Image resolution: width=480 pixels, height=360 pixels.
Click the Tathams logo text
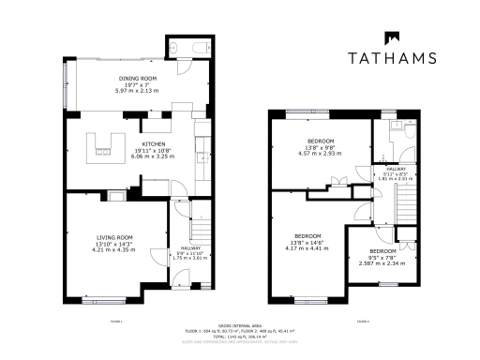click(x=392, y=57)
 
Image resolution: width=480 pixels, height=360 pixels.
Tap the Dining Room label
click(x=138, y=78)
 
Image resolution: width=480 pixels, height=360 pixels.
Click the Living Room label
click(x=112, y=237)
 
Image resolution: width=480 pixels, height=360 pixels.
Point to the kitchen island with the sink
click(x=104, y=146)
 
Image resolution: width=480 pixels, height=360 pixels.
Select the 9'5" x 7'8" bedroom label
click(x=382, y=252)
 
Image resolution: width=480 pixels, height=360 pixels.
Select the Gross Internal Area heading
click(x=239, y=324)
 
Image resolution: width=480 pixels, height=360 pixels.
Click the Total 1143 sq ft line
click(x=239, y=336)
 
